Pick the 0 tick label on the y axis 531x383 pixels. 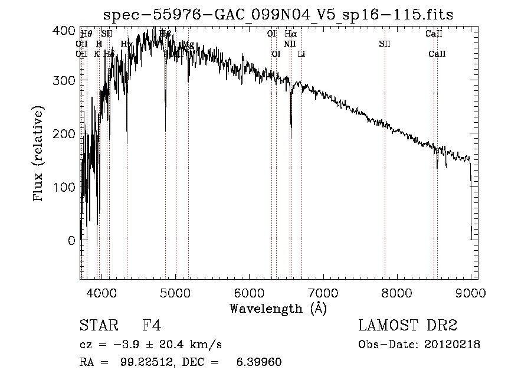point(71,241)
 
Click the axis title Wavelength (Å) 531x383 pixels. point(278,308)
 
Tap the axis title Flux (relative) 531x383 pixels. point(39,155)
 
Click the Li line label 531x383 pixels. point(301,54)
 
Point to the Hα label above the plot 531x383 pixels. point(290,34)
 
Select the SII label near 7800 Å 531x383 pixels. point(385,44)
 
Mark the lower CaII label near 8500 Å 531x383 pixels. point(437,54)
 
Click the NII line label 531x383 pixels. point(289,44)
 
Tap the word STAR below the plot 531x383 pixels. point(95,326)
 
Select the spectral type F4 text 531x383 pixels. point(152,326)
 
